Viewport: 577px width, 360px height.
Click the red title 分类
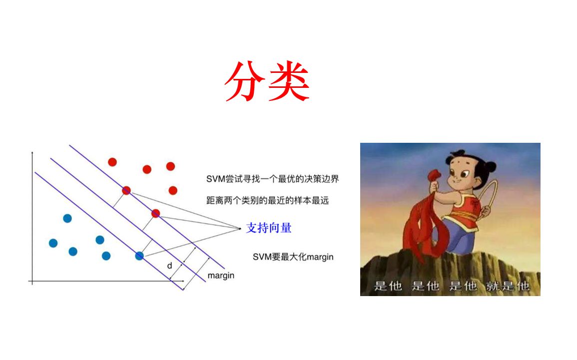[267, 81]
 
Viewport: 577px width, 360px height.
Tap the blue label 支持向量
[269, 228]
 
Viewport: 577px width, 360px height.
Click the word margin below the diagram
[221, 276]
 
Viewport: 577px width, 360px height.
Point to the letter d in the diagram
[169, 266]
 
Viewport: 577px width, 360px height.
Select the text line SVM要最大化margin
[293, 257]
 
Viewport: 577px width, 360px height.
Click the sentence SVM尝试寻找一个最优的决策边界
[273, 179]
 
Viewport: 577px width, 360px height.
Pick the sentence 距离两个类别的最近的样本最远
[268, 200]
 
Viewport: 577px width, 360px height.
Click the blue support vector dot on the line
[139, 256]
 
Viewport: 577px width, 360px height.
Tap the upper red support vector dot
[126, 190]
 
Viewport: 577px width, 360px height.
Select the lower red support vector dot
[156, 213]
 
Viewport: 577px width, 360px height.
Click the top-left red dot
[112, 162]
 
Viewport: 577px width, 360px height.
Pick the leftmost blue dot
[53, 243]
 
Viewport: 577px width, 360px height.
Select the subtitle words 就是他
[508, 286]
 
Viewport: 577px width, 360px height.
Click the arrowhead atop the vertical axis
[32, 153]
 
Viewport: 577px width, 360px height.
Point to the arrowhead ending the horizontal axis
[183, 281]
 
